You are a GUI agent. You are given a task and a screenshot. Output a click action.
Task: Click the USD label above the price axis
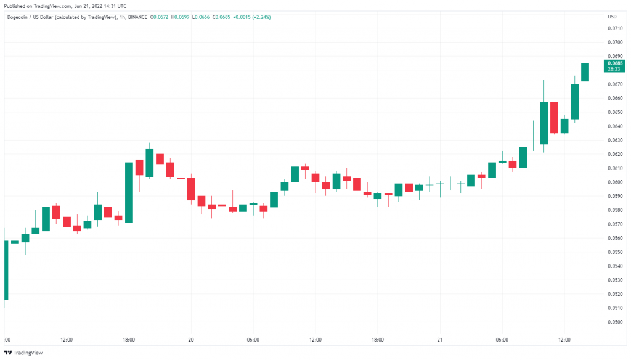(x=612, y=17)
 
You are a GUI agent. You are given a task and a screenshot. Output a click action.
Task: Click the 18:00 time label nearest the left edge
(x=129, y=340)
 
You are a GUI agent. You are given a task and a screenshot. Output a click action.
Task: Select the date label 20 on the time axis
(x=191, y=340)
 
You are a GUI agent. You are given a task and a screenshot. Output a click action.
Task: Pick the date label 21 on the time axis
(x=439, y=340)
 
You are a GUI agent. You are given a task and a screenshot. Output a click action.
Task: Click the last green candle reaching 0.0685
(x=585, y=72)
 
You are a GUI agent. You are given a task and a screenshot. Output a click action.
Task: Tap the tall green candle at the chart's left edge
(x=6, y=270)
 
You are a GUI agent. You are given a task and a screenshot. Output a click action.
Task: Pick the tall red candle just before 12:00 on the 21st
(x=554, y=117)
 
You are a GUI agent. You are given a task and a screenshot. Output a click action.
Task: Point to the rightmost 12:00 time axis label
(x=564, y=340)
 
